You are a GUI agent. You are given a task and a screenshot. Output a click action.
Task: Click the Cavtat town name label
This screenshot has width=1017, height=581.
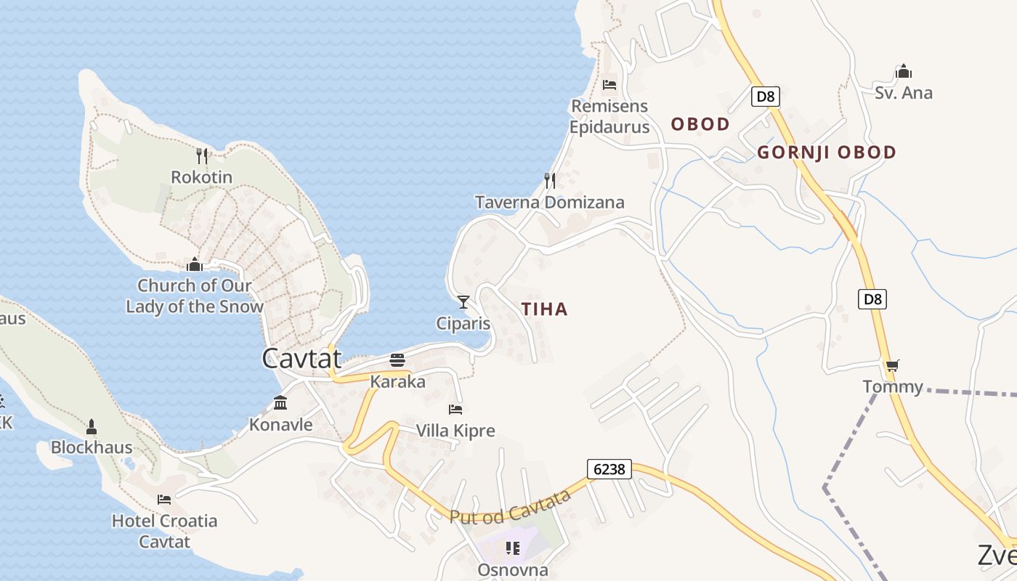(301, 358)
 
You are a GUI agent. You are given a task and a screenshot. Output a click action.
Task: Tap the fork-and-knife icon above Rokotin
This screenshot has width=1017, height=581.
(202, 155)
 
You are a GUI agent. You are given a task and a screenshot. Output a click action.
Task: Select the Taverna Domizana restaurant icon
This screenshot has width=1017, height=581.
(550, 180)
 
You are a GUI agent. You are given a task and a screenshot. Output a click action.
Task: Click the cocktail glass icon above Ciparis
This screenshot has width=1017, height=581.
(463, 302)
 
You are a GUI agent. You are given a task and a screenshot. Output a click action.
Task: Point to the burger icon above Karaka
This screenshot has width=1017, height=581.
(397, 359)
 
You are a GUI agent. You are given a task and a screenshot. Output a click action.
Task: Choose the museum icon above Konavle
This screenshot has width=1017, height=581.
(280, 403)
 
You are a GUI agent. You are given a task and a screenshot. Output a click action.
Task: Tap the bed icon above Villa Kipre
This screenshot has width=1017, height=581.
(455, 410)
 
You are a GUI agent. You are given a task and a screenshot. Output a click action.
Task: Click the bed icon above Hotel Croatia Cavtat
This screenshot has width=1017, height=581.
(164, 499)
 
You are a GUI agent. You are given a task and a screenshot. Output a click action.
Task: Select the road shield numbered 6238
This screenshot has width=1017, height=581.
(609, 469)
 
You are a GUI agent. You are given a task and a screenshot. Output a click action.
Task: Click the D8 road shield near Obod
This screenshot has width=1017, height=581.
(766, 97)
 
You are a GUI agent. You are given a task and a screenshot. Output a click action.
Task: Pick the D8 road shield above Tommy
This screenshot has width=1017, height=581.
(872, 298)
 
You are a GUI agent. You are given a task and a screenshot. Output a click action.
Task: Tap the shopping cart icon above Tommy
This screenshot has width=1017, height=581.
(892, 365)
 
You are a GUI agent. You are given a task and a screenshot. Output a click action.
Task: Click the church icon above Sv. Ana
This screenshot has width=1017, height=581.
(904, 71)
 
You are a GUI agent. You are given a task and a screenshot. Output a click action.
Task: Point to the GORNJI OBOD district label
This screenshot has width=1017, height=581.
(827, 153)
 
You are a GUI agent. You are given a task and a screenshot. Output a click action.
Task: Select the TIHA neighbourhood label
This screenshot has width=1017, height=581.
(545, 309)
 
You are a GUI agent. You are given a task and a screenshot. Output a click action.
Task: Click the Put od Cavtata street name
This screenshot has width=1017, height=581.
(510, 507)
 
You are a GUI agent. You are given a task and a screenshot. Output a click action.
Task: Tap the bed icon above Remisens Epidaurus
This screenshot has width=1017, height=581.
(609, 85)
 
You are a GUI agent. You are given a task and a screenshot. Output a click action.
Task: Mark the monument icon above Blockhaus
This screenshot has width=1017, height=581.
(92, 426)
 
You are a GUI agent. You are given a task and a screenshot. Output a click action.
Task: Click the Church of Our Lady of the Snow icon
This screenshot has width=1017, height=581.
(194, 264)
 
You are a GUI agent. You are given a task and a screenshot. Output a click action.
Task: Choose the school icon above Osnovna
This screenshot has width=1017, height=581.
(513, 548)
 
